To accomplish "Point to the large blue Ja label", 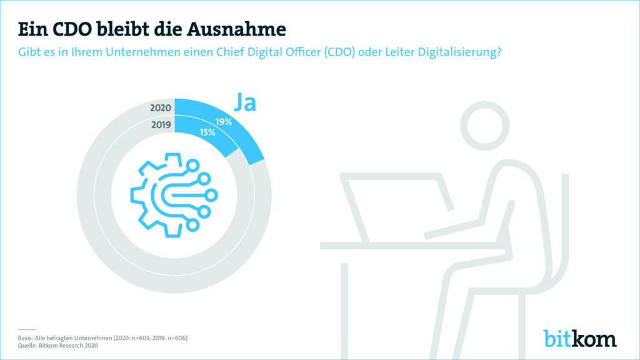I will pos(244,102).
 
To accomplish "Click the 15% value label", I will pos(207,132).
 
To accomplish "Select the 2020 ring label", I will pos(161,107).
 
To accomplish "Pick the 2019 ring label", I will pos(161,124).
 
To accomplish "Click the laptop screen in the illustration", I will pos(396,206).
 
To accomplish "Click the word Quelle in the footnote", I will pos(27,346).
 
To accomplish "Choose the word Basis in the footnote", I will pos(26,338).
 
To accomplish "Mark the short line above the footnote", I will pos(27,329).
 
